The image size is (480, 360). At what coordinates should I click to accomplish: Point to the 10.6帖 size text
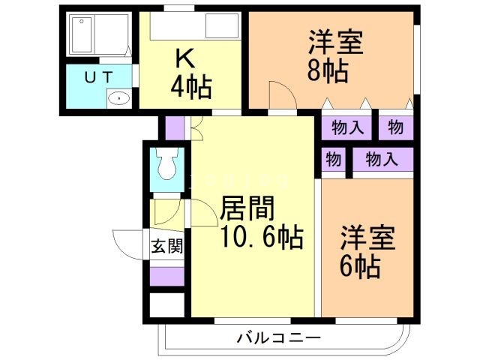click(262, 238)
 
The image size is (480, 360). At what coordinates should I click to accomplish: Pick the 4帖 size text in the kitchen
click(190, 87)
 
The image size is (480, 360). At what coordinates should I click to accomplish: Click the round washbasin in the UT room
click(118, 98)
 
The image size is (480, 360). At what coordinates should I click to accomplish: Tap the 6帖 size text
click(359, 265)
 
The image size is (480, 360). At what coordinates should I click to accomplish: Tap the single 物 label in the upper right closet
click(395, 127)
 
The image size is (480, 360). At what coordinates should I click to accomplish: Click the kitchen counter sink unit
click(193, 28)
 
